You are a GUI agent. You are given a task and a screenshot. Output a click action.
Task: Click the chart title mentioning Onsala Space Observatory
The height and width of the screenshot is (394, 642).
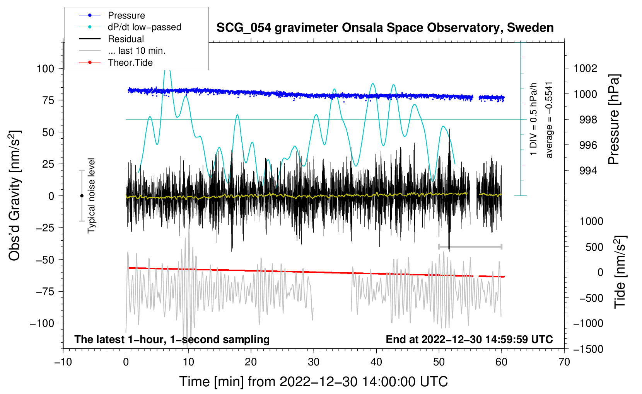pyautogui.click(x=385, y=28)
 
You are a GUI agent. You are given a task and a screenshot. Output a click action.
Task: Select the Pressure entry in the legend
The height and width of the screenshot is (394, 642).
pyautogui.click(x=126, y=15)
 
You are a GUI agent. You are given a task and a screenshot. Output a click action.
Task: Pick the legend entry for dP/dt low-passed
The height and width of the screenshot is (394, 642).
pyautogui.click(x=144, y=27)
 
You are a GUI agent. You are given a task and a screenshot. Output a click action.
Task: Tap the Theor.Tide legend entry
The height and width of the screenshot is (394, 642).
pyautogui.click(x=130, y=63)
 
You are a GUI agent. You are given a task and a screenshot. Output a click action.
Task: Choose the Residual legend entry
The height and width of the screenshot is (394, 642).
pyautogui.click(x=126, y=39)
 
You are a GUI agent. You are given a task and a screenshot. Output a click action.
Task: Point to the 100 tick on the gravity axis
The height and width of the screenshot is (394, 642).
pyautogui.click(x=45, y=69)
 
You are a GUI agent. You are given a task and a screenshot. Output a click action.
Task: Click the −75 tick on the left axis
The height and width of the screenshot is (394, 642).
pyautogui.click(x=45, y=292)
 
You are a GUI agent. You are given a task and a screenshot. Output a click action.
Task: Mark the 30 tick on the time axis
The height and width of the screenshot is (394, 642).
pyautogui.click(x=314, y=362)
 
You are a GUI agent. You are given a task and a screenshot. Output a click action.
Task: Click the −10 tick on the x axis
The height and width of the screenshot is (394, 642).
pyautogui.click(x=63, y=362)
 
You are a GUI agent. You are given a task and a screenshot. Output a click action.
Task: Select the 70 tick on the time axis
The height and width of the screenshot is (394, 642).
pyautogui.click(x=564, y=362)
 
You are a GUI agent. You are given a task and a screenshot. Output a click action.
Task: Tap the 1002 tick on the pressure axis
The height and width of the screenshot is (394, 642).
pyautogui.click(x=585, y=68)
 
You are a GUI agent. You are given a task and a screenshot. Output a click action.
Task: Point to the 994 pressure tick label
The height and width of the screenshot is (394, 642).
pyautogui.click(x=588, y=171)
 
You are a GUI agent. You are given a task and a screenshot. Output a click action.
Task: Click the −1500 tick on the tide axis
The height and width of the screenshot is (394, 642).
pyautogui.click(x=588, y=349)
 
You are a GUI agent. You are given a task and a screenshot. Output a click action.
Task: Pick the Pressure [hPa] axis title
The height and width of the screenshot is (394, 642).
pyautogui.click(x=614, y=120)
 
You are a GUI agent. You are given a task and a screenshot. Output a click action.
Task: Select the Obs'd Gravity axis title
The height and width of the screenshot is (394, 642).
pyautogui.click(x=15, y=195)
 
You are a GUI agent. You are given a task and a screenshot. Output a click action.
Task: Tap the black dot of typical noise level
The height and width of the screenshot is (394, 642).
pyautogui.click(x=82, y=196)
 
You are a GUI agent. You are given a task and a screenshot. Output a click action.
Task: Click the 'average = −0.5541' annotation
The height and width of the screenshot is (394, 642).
pyautogui.click(x=549, y=120)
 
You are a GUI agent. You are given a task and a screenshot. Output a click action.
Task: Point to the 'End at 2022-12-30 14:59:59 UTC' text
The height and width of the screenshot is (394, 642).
pyautogui.click(x=469, y=340)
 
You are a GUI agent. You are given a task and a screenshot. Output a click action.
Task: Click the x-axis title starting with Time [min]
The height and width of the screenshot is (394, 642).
pyautogui.click(x=314, y=382)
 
